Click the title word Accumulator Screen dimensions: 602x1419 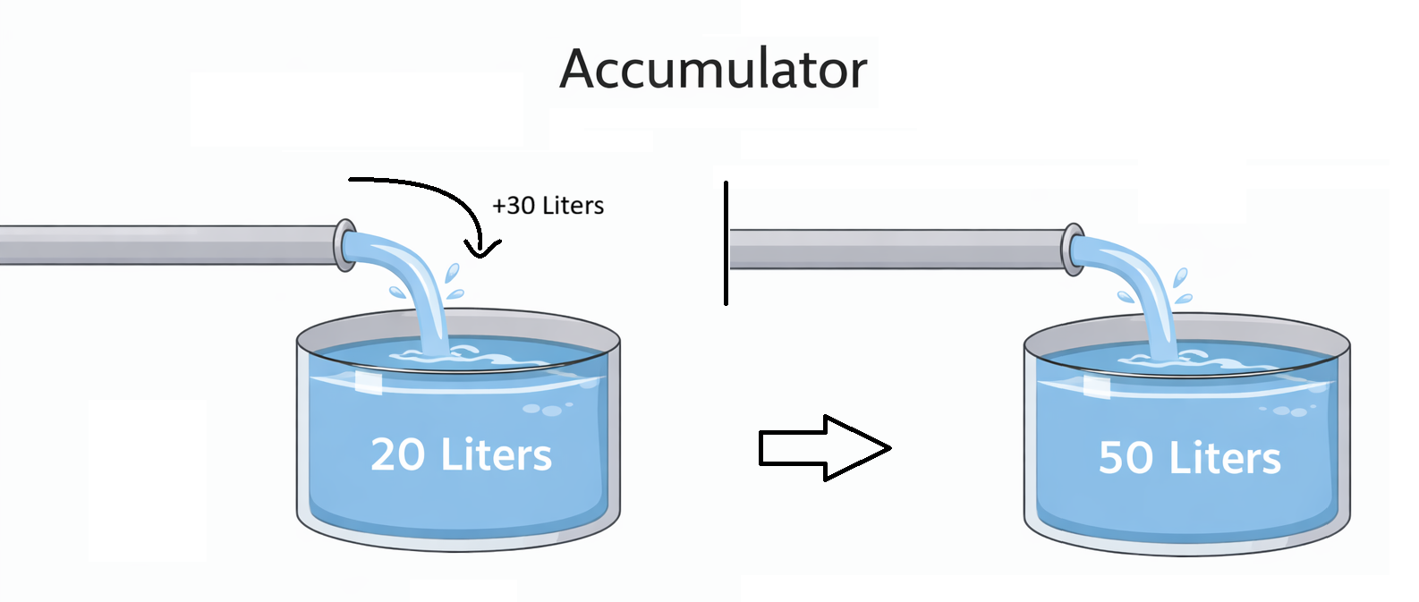(x=713, y=69)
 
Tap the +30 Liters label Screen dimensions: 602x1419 (x=548, y=206)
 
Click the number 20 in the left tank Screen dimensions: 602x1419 (x=397, y=454)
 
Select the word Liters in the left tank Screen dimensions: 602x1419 (x=496, y=454)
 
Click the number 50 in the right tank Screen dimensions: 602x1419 (x=1126, y=458)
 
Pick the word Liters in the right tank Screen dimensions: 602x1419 (x=1225, y=458)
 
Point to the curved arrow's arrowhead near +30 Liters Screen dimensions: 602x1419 (x=482, y=248)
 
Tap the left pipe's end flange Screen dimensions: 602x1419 (x=344, y=244)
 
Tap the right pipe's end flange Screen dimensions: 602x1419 (x=1072, y=250)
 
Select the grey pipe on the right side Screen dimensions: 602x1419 (x=895, y=249)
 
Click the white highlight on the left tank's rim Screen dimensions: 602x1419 (x=368, y=382)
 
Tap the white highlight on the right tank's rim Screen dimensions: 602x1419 (x=1097, y=386)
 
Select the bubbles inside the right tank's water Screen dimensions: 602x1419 (x=1288, y=411)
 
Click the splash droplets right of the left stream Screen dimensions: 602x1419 (x=454, y=280)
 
